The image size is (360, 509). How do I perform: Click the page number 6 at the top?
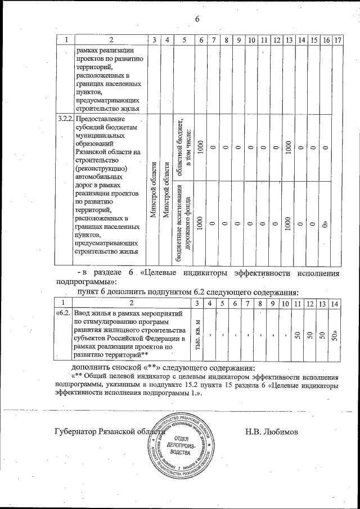pos(197,20)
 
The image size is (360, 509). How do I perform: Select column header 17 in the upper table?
pos(337,40)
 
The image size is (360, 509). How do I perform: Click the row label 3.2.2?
pos(65,120)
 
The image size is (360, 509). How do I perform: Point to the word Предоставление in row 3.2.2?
pos(103,120)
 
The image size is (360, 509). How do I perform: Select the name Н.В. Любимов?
pos(271,432)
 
